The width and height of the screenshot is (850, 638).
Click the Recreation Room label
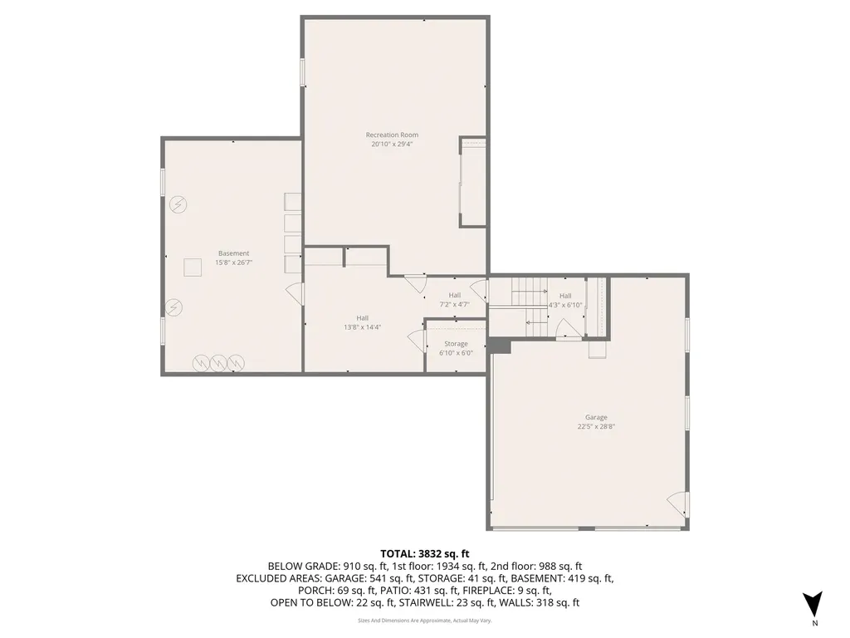tap(392, 135)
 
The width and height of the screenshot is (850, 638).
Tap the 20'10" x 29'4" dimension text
tap(392, 144)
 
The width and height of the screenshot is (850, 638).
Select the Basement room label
tap(233, 253)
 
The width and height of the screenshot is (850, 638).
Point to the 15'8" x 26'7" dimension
tap(233, 263)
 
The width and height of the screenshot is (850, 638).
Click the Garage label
tap(596, 417)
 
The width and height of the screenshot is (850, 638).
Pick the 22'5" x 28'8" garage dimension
tap(596, 426)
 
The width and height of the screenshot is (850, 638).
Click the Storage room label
tap(456, 343)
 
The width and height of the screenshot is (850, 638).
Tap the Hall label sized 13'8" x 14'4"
tap(363, 317)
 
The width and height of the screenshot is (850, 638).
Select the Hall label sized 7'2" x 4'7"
tap(455, 295)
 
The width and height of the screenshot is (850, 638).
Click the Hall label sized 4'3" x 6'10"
tap(565, 295)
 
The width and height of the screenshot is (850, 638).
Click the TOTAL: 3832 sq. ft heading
tap(425, 553)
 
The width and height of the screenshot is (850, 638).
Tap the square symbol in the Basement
tap(193, 267)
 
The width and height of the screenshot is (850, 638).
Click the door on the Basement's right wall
tap(295, 293)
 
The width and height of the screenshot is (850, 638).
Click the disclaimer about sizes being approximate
tap(425, 621)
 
